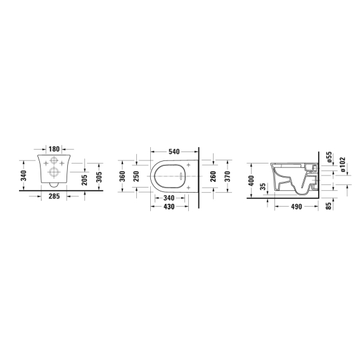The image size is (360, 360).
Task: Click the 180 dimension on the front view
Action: click(x=54, y=149)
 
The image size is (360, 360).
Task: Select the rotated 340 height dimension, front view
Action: click(x=23, y=176)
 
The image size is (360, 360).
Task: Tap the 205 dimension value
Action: click(x=85, y=180)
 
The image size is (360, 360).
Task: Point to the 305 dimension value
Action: click(x=99, y=177)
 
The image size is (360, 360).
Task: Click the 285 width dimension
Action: click(x=54, y=196)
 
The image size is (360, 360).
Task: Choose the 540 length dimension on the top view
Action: click(x=174, y=151)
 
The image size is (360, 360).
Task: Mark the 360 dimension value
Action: click(x=122, y=176)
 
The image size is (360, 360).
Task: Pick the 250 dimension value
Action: click(x=136, y=176)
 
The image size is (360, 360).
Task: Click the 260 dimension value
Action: click(x=214, y=176)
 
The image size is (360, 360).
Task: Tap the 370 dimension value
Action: click(x=228, y=176)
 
